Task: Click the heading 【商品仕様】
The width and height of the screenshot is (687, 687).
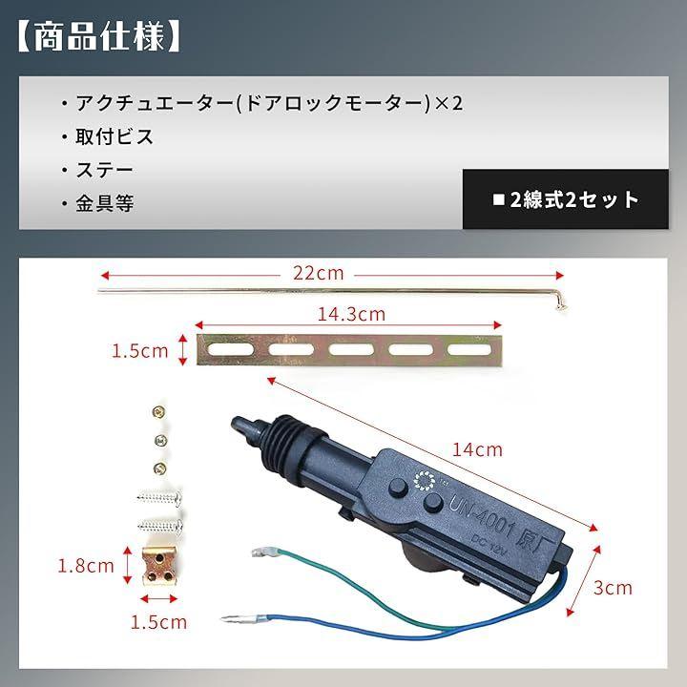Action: point(98,36)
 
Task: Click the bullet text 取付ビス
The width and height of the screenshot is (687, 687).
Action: point(114,136)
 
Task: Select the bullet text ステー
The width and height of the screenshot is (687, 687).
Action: point(104,170)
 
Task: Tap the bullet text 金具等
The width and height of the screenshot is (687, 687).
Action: point(105,203)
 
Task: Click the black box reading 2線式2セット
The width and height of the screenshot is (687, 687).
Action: point(565,199)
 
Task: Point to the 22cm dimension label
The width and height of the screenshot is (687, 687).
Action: point(319,274)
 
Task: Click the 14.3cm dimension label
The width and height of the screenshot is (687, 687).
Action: point(351,314)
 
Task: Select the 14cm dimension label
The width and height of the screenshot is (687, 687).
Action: point(477,450)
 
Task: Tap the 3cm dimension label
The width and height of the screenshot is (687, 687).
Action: point(613,588)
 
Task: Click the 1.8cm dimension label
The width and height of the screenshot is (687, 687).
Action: point(86,566)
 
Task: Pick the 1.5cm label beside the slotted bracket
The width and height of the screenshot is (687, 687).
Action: point(139,351)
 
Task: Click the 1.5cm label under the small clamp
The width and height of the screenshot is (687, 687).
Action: point(158,622)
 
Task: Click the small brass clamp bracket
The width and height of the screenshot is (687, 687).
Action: point(158,566)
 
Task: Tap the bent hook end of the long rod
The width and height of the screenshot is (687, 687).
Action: point(561,302)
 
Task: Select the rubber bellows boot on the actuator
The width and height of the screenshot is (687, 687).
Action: point(287,444)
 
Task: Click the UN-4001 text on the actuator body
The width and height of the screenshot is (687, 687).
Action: point(481,516)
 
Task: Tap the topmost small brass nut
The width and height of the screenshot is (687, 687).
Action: point(158,411)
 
